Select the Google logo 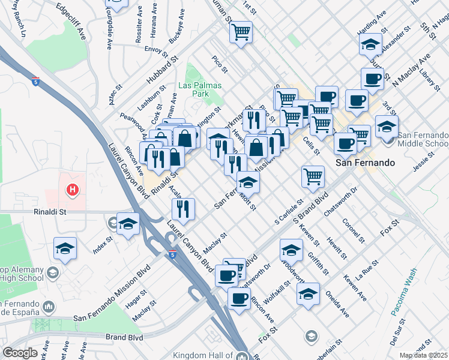pos(20,353)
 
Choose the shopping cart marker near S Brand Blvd pos(313,176)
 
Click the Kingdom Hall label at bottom pos(205,356)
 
